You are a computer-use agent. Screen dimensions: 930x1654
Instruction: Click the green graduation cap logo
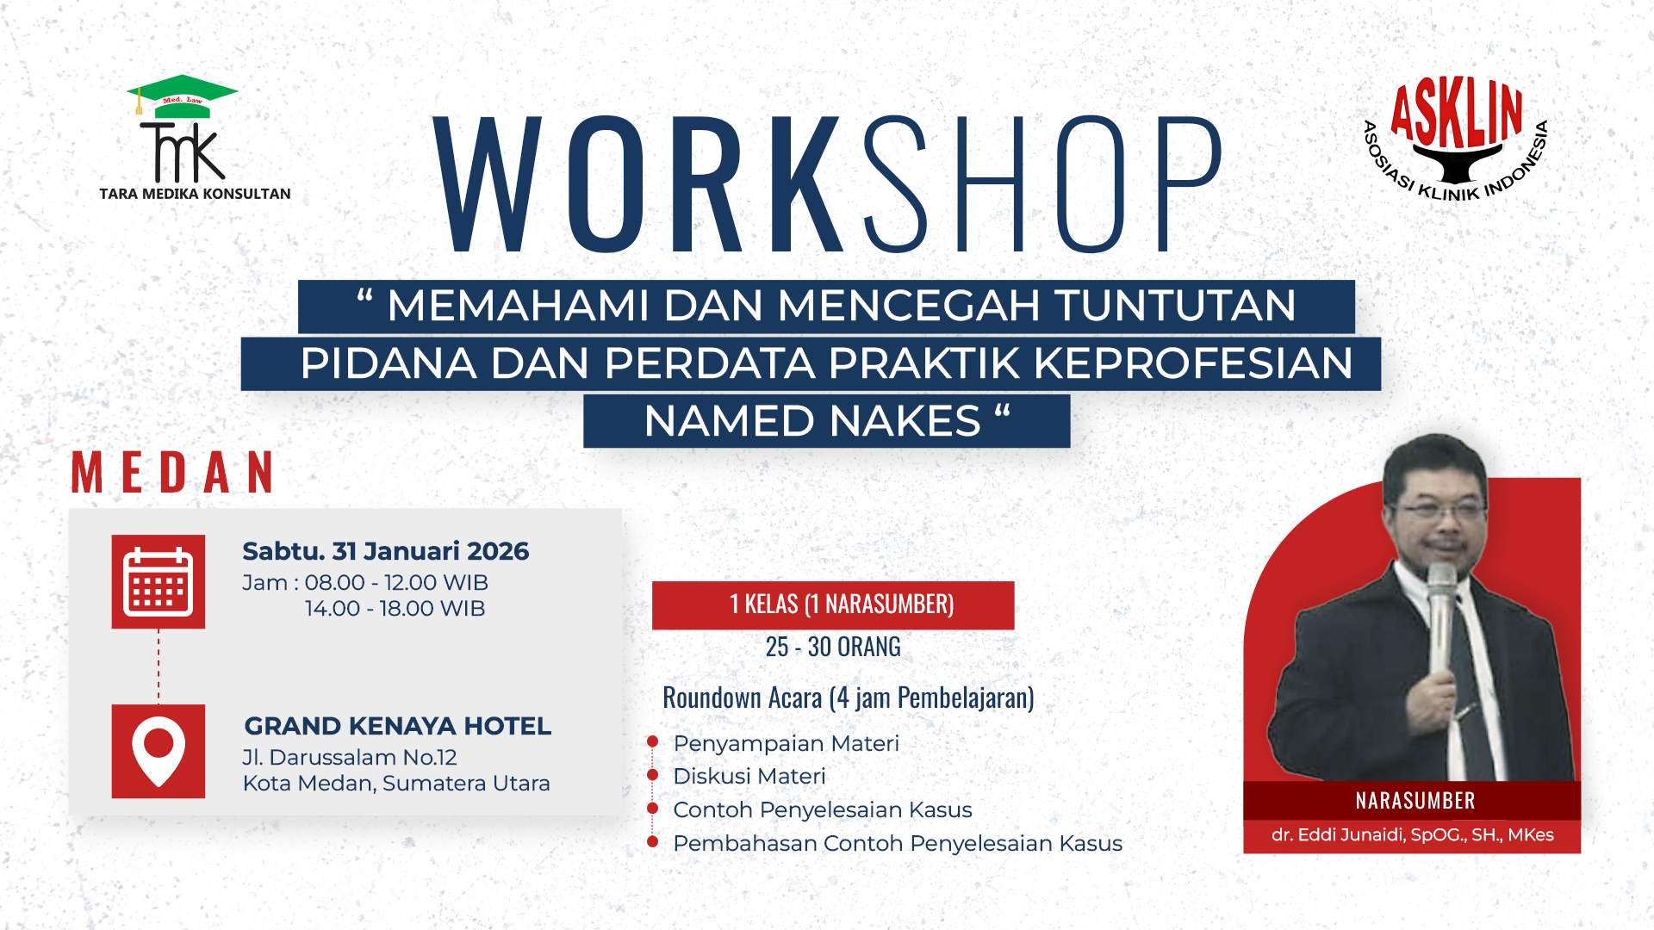(183, 95)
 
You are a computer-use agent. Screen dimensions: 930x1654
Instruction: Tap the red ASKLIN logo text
(1457, 113)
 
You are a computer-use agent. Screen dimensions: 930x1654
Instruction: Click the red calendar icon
(159, 581)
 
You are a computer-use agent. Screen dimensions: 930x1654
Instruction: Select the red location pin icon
(159, 751)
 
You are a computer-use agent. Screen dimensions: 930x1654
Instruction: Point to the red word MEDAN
(173, 473)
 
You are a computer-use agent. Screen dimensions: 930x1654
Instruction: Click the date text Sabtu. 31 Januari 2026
(385, 551)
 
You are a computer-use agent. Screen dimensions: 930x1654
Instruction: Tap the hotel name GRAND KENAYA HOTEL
(397, 726)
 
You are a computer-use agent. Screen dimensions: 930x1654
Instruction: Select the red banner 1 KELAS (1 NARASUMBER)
(833, 604)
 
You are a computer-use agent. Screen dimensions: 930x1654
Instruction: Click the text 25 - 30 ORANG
(833, 647)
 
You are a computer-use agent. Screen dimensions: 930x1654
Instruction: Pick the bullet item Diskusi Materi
(749, 776)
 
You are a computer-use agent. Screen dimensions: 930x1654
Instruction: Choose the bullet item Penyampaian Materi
(786, 743)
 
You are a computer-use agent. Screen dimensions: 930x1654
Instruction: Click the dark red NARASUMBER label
(1415, 801)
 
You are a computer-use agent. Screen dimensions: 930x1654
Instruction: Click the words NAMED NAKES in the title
(812, 421)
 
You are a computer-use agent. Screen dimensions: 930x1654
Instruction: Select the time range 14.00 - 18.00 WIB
(395, 609)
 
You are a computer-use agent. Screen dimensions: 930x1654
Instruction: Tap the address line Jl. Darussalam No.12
(350, 758)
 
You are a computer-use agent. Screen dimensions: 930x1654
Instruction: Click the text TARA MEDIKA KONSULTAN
(195, 194)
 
